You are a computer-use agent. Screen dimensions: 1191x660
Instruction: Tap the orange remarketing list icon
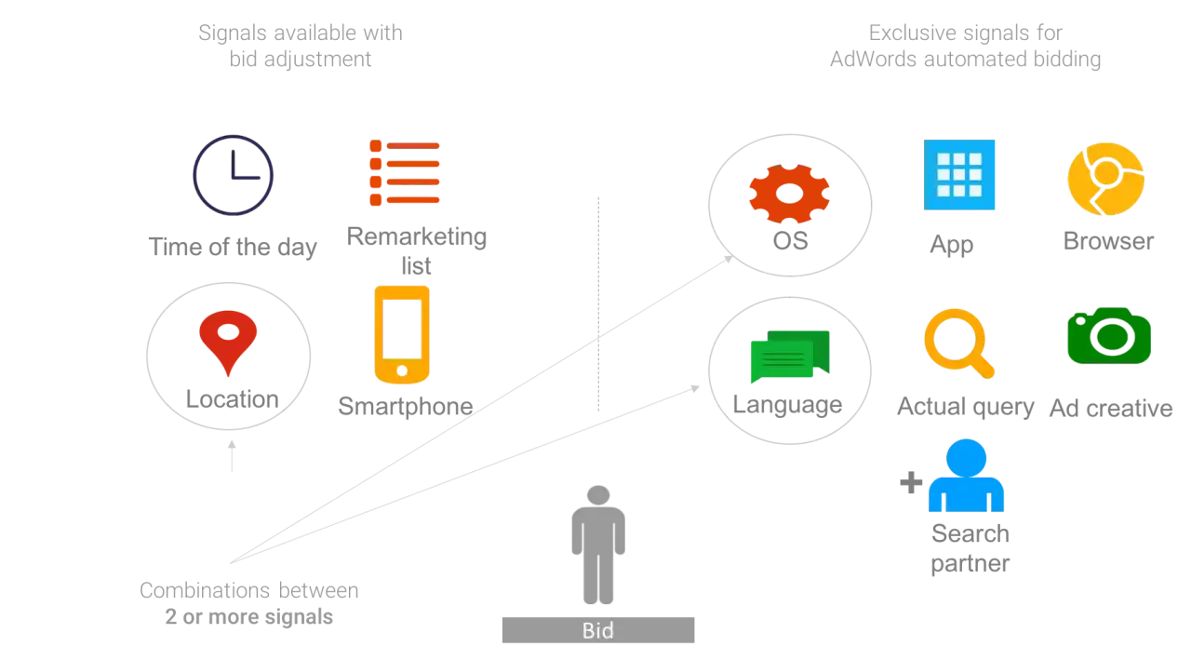pos(405,173)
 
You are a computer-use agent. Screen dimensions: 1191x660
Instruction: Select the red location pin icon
pos(228,343)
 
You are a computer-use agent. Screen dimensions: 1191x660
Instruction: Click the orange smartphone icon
pos(402,334)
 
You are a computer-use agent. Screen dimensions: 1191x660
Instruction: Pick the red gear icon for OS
pos(789,193)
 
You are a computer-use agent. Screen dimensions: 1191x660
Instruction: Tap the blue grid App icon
pos(959,174)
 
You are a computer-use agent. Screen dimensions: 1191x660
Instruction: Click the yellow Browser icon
pos(1106,179)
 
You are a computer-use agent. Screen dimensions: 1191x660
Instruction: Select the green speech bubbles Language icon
pos(790,357)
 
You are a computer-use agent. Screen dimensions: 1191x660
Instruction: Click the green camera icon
pos(1109,335)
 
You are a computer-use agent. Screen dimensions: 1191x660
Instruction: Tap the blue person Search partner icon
pos(966,475)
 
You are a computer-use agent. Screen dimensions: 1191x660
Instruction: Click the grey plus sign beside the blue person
pos(911,482)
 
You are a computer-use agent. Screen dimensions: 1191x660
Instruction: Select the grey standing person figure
pos(598,545)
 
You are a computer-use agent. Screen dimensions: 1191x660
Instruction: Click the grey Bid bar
pos(598,630)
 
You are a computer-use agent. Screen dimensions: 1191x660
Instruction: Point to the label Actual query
pos(966,408)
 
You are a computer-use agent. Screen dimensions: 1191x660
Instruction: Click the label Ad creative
pos(1111,409)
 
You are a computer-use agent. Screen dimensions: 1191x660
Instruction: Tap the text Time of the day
pos(233,248)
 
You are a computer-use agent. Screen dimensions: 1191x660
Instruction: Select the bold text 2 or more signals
pos(248,617)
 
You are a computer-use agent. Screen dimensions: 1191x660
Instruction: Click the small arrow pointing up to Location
pos(232,456)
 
